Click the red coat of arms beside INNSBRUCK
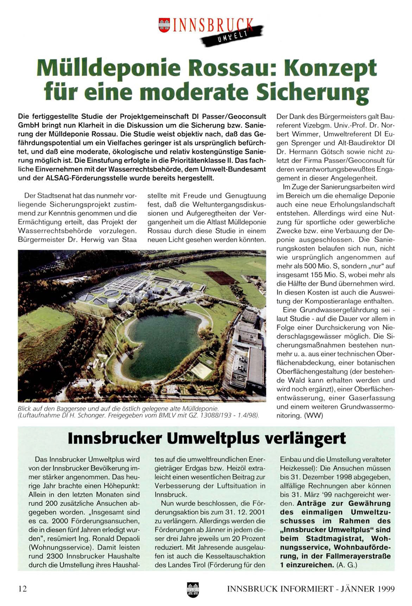(164, 25)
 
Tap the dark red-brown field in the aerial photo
(221, 277)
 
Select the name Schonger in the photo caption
(92, 416)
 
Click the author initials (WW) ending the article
(313, 416)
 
